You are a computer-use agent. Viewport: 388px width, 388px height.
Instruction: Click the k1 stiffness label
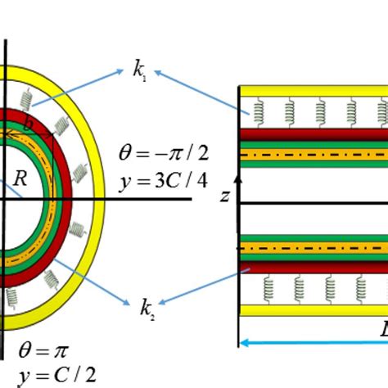[x=141, y=70]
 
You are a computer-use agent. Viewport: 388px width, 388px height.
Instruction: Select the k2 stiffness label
[x=146, y=309]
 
